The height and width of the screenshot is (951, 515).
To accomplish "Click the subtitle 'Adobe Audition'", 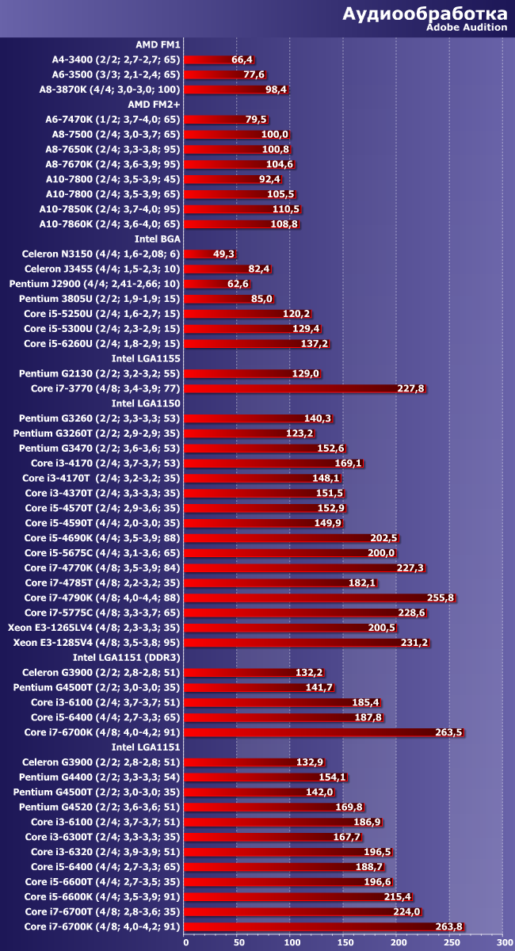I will coord(467,27).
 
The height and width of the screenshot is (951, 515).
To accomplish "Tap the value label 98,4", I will coord(276,90).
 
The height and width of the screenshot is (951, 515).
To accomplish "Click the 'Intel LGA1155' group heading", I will coord(146,358).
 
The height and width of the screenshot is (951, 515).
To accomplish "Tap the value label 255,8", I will coord(441,598).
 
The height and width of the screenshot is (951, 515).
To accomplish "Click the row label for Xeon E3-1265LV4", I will coord(94,628).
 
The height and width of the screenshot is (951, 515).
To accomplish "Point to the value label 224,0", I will coord(406,911).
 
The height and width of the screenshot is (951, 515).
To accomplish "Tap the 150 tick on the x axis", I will coord(345,943).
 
